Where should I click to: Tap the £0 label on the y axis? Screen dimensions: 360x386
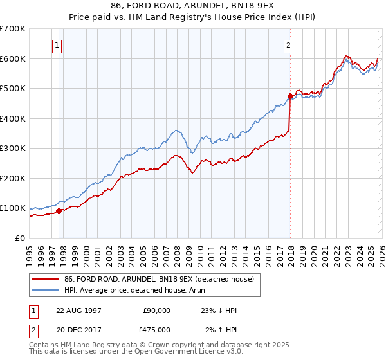click(x=19, y=238)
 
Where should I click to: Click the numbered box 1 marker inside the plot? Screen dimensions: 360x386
click(x=58, y=46)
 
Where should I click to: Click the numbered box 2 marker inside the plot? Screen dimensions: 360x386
click(x=288, y=46)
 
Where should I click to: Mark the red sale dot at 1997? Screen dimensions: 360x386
click(x=59, y=211)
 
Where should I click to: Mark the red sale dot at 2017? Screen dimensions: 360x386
click(x=290, y=96)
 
